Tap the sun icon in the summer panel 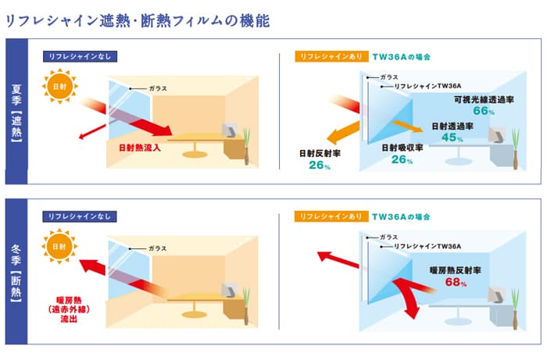[59, 85]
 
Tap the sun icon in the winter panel [59, 246]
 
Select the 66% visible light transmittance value [484, 112]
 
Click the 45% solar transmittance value [449, 138]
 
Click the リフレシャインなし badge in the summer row [83, 56]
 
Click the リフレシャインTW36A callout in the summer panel [427, 87]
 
